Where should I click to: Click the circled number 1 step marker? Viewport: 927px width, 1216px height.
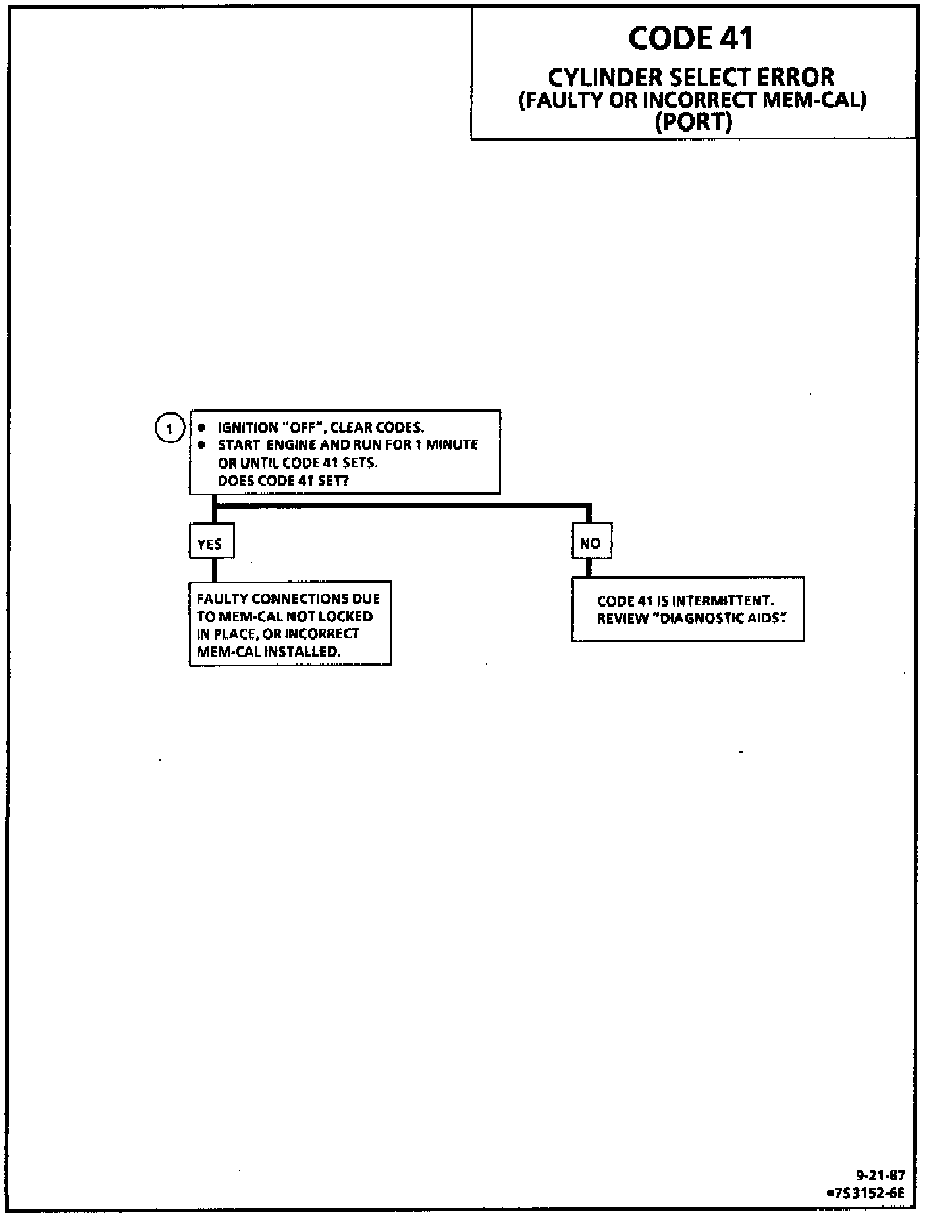pyautogui.click(x=169, y=429)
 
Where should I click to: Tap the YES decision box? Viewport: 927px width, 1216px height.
pyautogui.click(x=211, y=544)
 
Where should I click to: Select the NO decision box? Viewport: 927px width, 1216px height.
pyautogui.click(x=591, y=543)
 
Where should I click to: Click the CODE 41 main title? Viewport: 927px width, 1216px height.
pyautogui.click(x=691, y=38)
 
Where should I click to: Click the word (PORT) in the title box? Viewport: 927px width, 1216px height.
pyautogui.click(x=694, y=122)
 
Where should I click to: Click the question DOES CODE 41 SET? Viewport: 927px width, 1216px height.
pyautogui.click(x=283, y=480)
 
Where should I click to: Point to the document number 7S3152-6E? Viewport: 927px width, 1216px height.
pyautogui.click(x=869, y=1192)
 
